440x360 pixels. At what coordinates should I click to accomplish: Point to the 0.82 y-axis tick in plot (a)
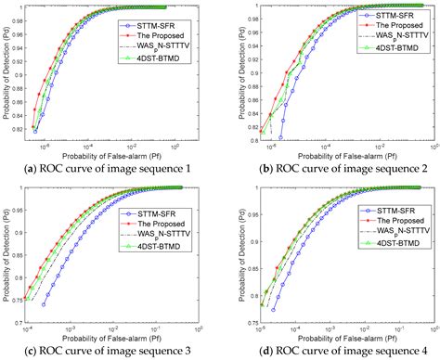(19, 129)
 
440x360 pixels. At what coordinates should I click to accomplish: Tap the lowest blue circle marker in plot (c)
(44, 303)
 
